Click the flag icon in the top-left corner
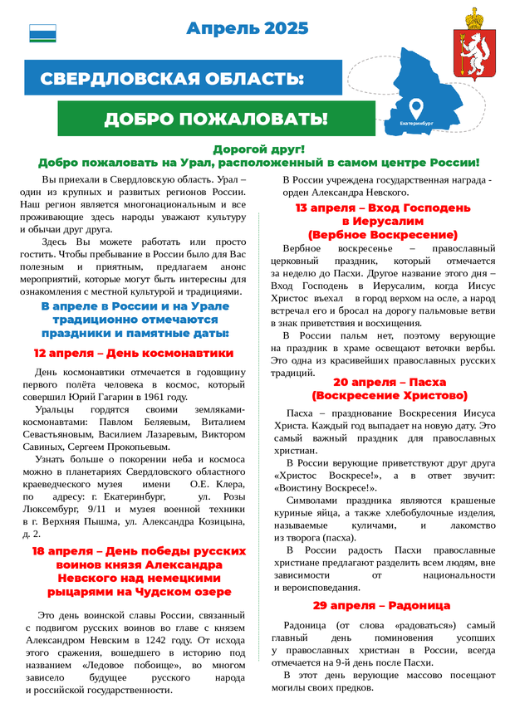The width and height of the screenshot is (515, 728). tap(42, 32)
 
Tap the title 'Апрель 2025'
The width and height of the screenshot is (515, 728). tap(248, 29)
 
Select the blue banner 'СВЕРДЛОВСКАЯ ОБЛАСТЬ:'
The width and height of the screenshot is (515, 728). tap(173, 79)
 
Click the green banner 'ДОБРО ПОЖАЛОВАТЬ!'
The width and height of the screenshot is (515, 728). tap(215, 119)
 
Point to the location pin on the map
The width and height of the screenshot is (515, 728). tap(416, 108)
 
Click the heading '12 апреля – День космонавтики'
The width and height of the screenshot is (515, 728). tap(134, 353)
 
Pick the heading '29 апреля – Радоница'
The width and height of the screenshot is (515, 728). tap(381, 605)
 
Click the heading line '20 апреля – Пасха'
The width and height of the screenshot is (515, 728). tap(390, 382)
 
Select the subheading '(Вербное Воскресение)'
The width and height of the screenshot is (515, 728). tap(382, 235)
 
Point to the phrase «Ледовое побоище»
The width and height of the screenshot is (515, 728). tap(124, 666)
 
